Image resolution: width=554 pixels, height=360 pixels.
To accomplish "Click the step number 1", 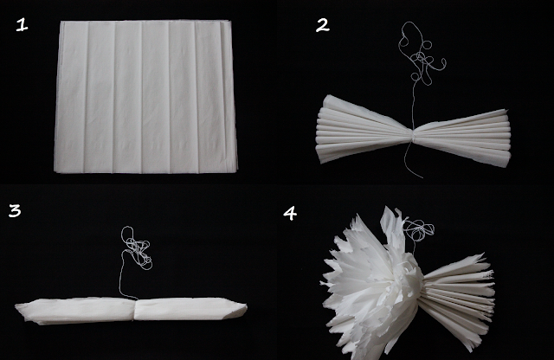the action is [x=22, y=25].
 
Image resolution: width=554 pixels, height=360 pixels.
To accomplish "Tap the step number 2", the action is [x=322, y=25].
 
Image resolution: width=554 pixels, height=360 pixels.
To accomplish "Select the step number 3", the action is [x=15, y=210].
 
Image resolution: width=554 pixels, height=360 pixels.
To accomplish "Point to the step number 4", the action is [x=290, y=213].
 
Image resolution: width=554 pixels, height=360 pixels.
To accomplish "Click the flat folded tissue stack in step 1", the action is [x=145, y=97].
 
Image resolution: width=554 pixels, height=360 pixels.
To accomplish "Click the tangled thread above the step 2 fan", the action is [x=422, y=54].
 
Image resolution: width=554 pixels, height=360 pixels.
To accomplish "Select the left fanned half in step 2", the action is [x=364, y=130].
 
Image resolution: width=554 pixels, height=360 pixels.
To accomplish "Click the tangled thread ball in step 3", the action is [x=137, y=248].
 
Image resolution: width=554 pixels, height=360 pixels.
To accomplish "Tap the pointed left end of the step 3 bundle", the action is [x=16, y=307].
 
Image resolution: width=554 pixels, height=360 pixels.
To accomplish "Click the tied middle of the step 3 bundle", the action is [x=135, y=310].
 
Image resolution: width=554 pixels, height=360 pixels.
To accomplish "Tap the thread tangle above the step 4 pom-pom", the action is [x=419, y=229].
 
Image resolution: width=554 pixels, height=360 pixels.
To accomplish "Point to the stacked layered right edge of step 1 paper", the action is [x=229, y=96].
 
